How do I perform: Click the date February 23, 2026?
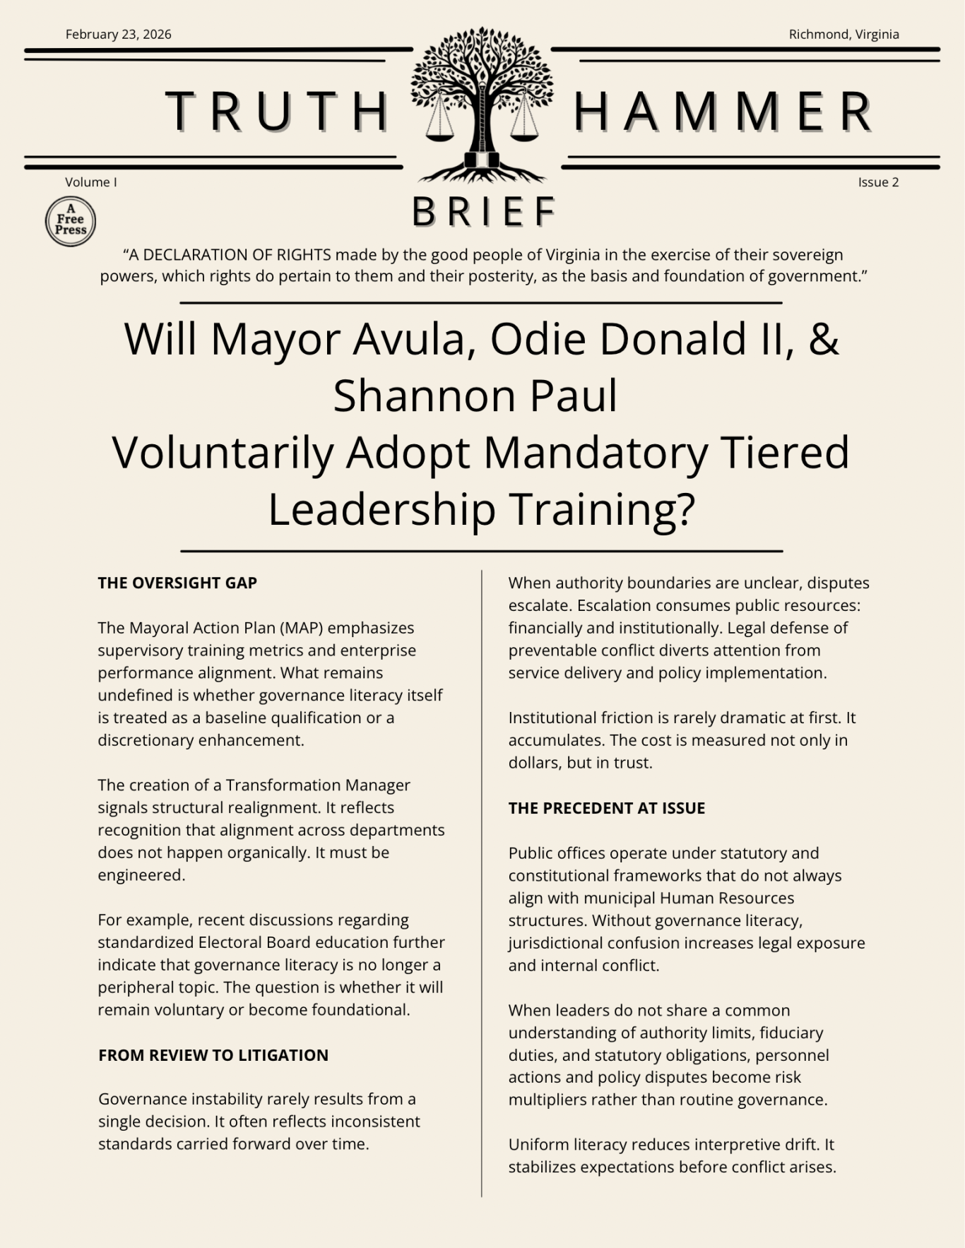tap(118, 35)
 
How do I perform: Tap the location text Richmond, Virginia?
tap(843, 35)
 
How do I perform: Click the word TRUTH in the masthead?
tap(278, 112)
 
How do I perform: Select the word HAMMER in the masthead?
tap(723, 112)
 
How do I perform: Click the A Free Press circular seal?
tap(71, 222)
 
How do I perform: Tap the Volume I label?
tap(91, 182)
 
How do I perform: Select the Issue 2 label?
tap(878, 182)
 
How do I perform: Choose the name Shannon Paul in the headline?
tap(475, 396)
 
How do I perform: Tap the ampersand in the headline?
tap(823, 339)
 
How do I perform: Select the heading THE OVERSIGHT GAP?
tap(177, 583)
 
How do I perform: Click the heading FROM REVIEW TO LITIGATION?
tap(213, 1055)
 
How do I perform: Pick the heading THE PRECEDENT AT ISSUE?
tap(607, 808)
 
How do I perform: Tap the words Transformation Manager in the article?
tap(318, 785)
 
